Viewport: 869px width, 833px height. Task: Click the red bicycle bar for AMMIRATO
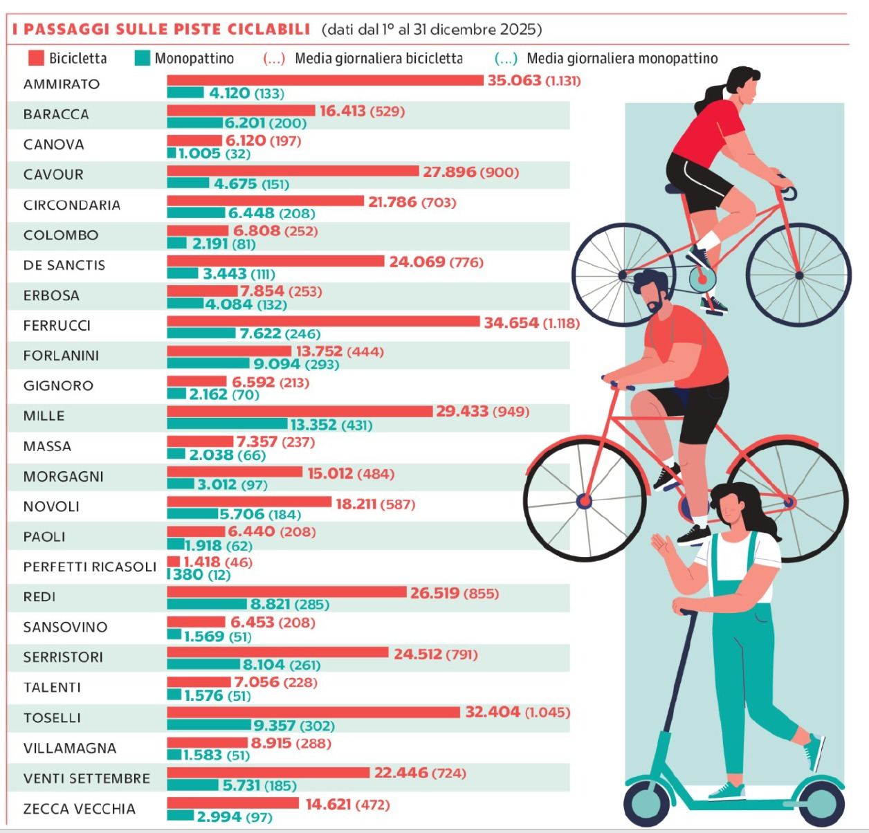[x=325, y=80]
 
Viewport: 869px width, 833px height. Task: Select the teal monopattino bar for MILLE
[x=227, y=424]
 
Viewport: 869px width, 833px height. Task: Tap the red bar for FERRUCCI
[x=323, y=322]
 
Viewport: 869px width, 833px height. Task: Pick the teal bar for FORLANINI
[x=208, y=363]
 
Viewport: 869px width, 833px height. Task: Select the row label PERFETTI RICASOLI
[x=90, y=567]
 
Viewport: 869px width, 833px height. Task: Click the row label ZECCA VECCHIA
[x=80, y=809]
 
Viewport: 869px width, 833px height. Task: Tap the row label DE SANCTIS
[x=64, y=265]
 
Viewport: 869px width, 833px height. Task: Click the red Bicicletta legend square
[x=36, y=58]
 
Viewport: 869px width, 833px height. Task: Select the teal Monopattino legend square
[x=142, y=58]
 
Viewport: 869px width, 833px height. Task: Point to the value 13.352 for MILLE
[x=313, y=425]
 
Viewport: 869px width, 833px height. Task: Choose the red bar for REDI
[x=286, y=592]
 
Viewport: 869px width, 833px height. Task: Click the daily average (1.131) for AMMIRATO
[x=563, y=81]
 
